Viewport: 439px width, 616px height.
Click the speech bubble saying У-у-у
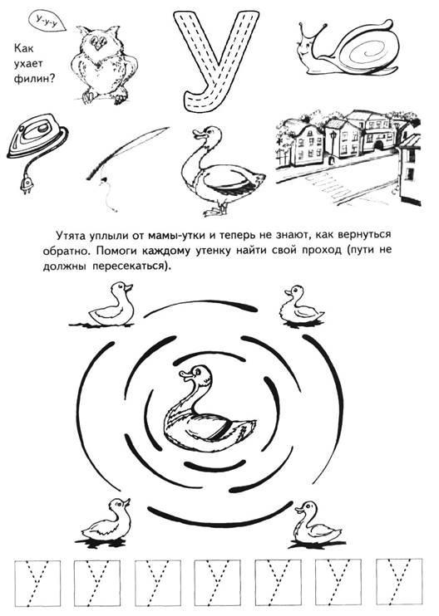(x=47, y=21)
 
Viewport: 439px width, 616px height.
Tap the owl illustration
(x=104, y=65)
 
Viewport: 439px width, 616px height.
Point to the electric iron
(x=37, y=136)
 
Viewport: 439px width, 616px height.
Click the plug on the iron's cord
(x=27, y=185)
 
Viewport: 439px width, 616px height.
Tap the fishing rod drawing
(x=125, y=161)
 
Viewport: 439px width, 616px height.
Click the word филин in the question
(x=34, y=79)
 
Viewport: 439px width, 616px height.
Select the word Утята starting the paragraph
(x=70, y=236)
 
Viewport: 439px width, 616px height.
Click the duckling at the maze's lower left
(x=106, y=522)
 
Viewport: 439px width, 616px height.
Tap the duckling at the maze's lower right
(x=317, y=524)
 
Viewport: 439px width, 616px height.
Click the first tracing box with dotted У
(x=37, y=583)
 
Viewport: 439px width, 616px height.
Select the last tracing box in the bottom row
(x=399, y=582)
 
